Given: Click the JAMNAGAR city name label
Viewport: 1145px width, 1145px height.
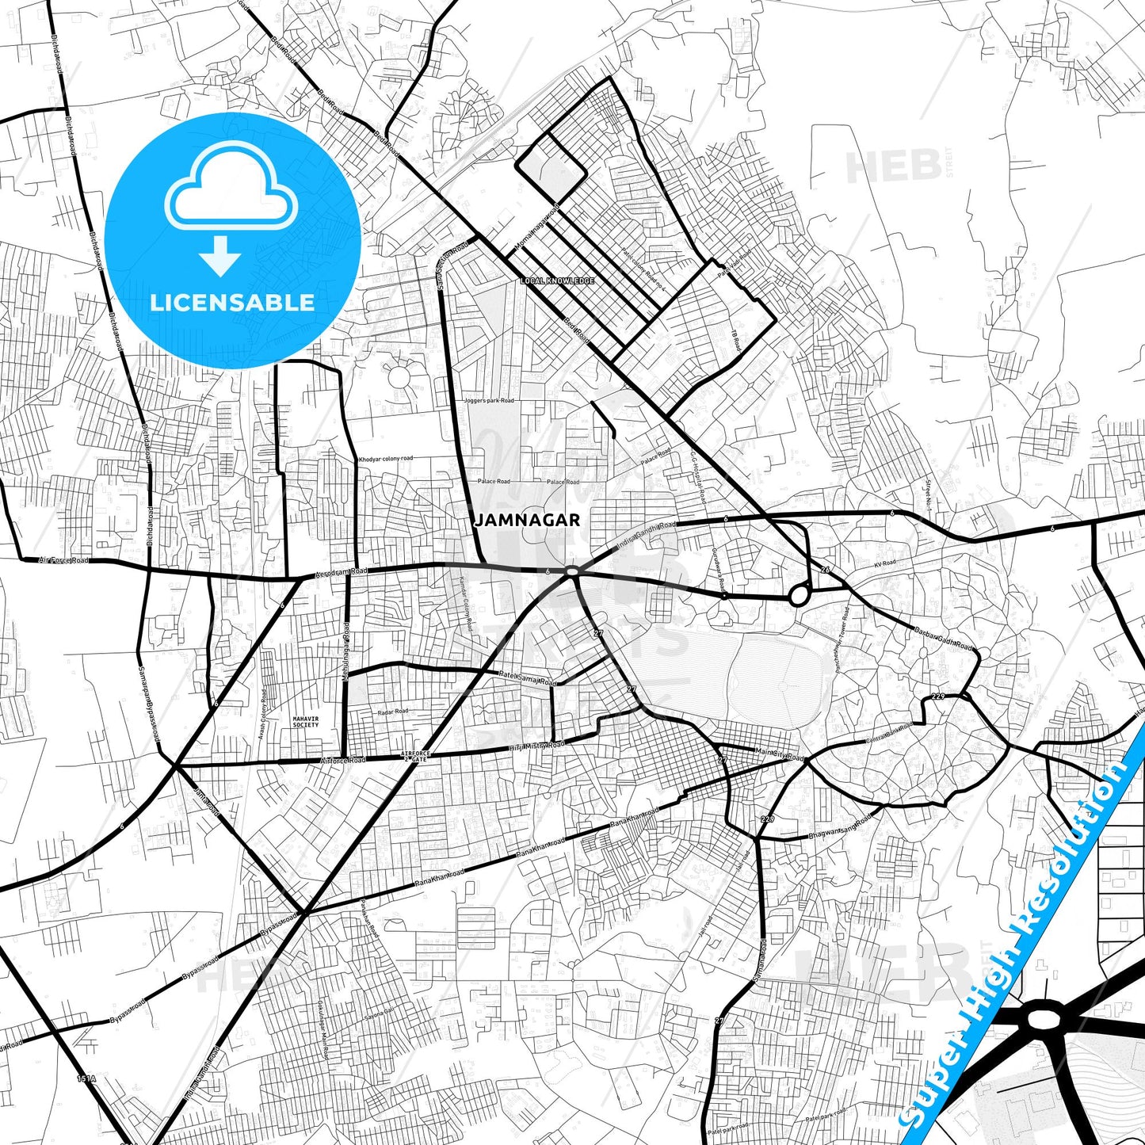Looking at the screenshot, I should [x=527, y=521].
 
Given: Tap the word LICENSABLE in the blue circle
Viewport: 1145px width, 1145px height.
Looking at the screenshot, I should [x=232, y=302].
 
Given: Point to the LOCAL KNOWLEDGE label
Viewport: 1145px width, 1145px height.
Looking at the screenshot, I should [x=557, y=281].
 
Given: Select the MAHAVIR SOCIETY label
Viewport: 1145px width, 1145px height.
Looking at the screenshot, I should [x=306, y=721].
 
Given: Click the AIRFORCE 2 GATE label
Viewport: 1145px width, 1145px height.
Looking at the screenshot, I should [x=414, y=756].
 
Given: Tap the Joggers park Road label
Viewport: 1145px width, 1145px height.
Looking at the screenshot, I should [x=489, y=401].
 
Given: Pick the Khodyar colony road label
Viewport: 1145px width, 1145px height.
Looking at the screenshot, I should [x=386, y=459].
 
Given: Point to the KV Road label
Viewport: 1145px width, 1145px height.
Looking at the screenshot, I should [x=884, y=563].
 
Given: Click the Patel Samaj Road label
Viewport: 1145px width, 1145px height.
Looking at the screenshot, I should [x=528, y=677].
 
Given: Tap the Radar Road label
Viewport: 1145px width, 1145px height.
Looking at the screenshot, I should [x=393, y=712].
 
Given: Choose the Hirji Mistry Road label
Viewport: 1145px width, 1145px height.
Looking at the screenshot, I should [x=537, y=746].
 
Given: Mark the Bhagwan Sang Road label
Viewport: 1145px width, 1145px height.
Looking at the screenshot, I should [x=839, y=826].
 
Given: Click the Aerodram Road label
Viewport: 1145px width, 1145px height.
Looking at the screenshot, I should [x=342, y=572].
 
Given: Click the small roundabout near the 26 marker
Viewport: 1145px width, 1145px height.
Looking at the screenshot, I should [x=798, y=596].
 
